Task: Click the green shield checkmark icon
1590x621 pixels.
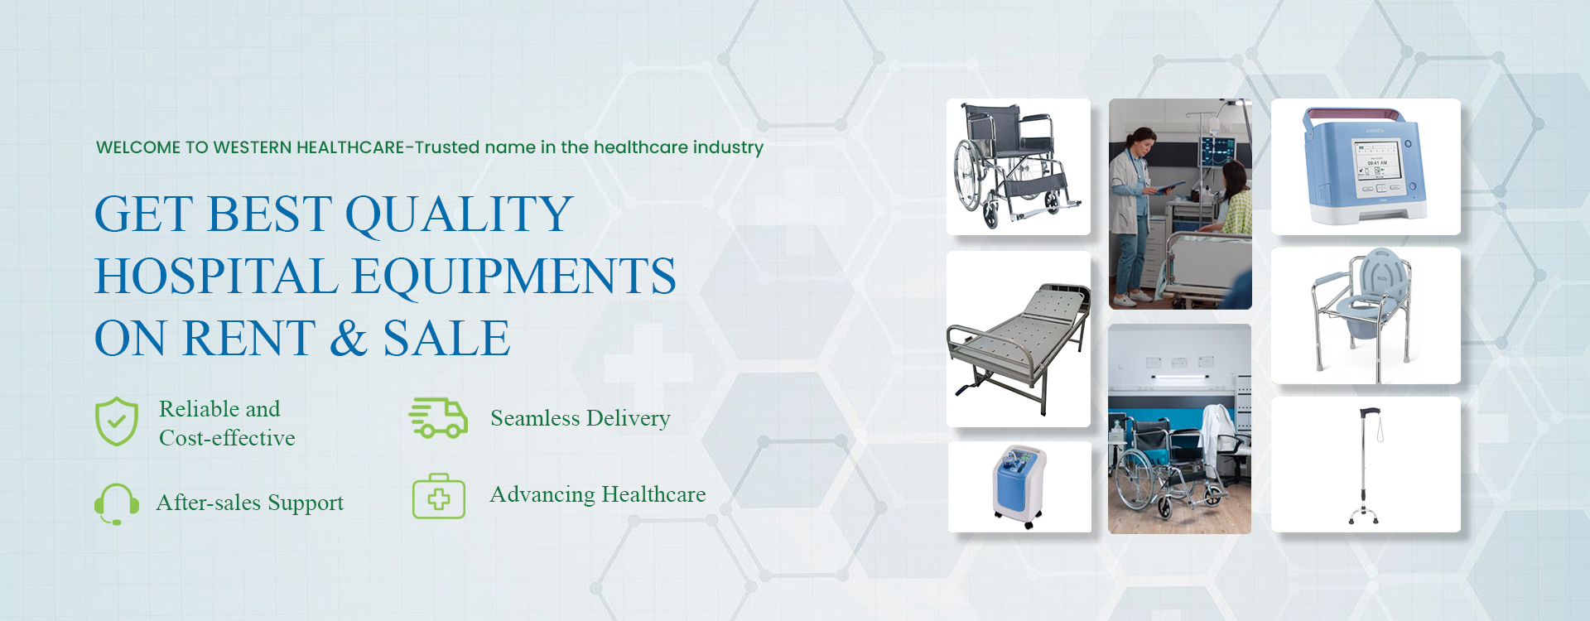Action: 117,421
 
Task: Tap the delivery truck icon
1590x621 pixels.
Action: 438,417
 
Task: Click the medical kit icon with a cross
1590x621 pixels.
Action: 439,496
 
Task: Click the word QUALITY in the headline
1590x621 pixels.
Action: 459,214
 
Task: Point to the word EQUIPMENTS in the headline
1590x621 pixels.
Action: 514,277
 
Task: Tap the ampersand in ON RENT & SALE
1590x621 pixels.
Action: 349,339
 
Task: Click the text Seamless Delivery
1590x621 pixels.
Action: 581,418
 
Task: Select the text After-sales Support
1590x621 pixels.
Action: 250,503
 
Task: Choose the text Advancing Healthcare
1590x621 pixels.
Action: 598,494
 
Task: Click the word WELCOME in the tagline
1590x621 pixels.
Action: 138,147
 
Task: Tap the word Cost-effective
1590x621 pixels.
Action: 227,438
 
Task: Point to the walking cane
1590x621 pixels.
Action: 1365,465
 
